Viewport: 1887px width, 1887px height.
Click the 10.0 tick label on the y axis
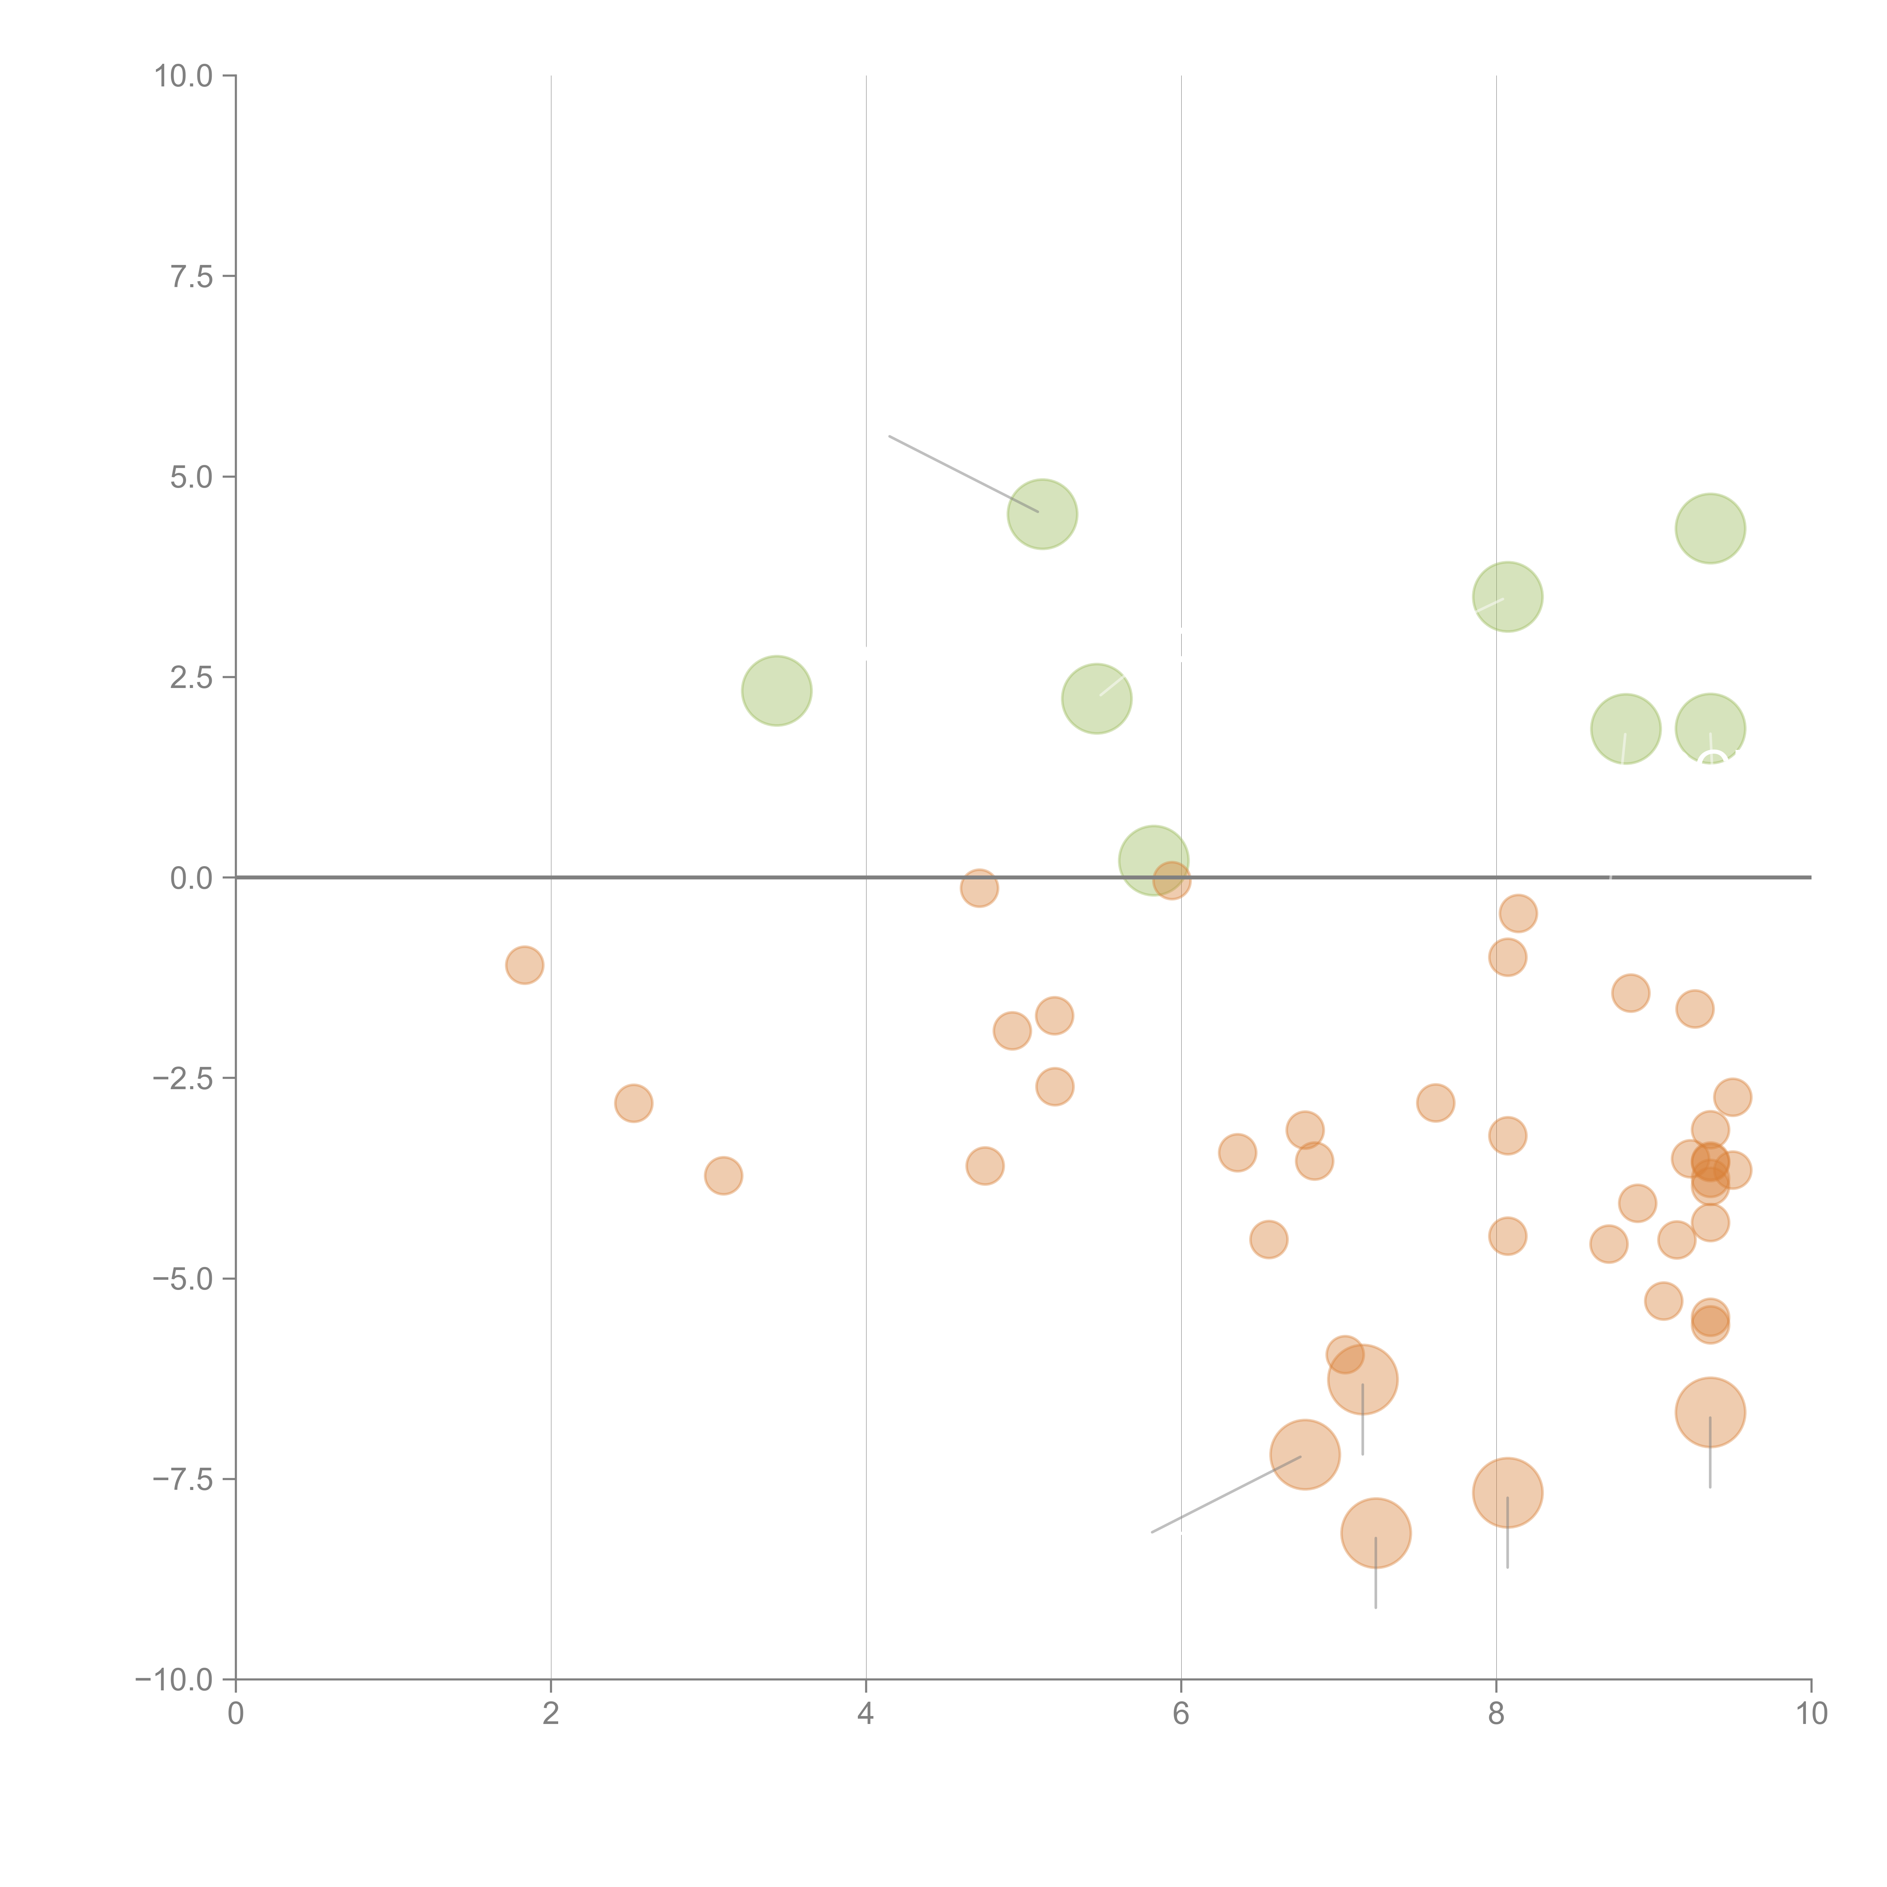coord(184,76)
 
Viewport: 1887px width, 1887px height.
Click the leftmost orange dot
coord(525,965)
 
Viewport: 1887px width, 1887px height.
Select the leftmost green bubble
coord(776,691)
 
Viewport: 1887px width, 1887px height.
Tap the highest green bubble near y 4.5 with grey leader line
coord(1042,514)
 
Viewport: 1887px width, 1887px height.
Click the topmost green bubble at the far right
coord(1710,528)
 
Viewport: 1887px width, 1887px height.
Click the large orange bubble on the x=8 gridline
coord(1507,1492)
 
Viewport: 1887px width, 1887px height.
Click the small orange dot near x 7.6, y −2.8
coord(1435,1103)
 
